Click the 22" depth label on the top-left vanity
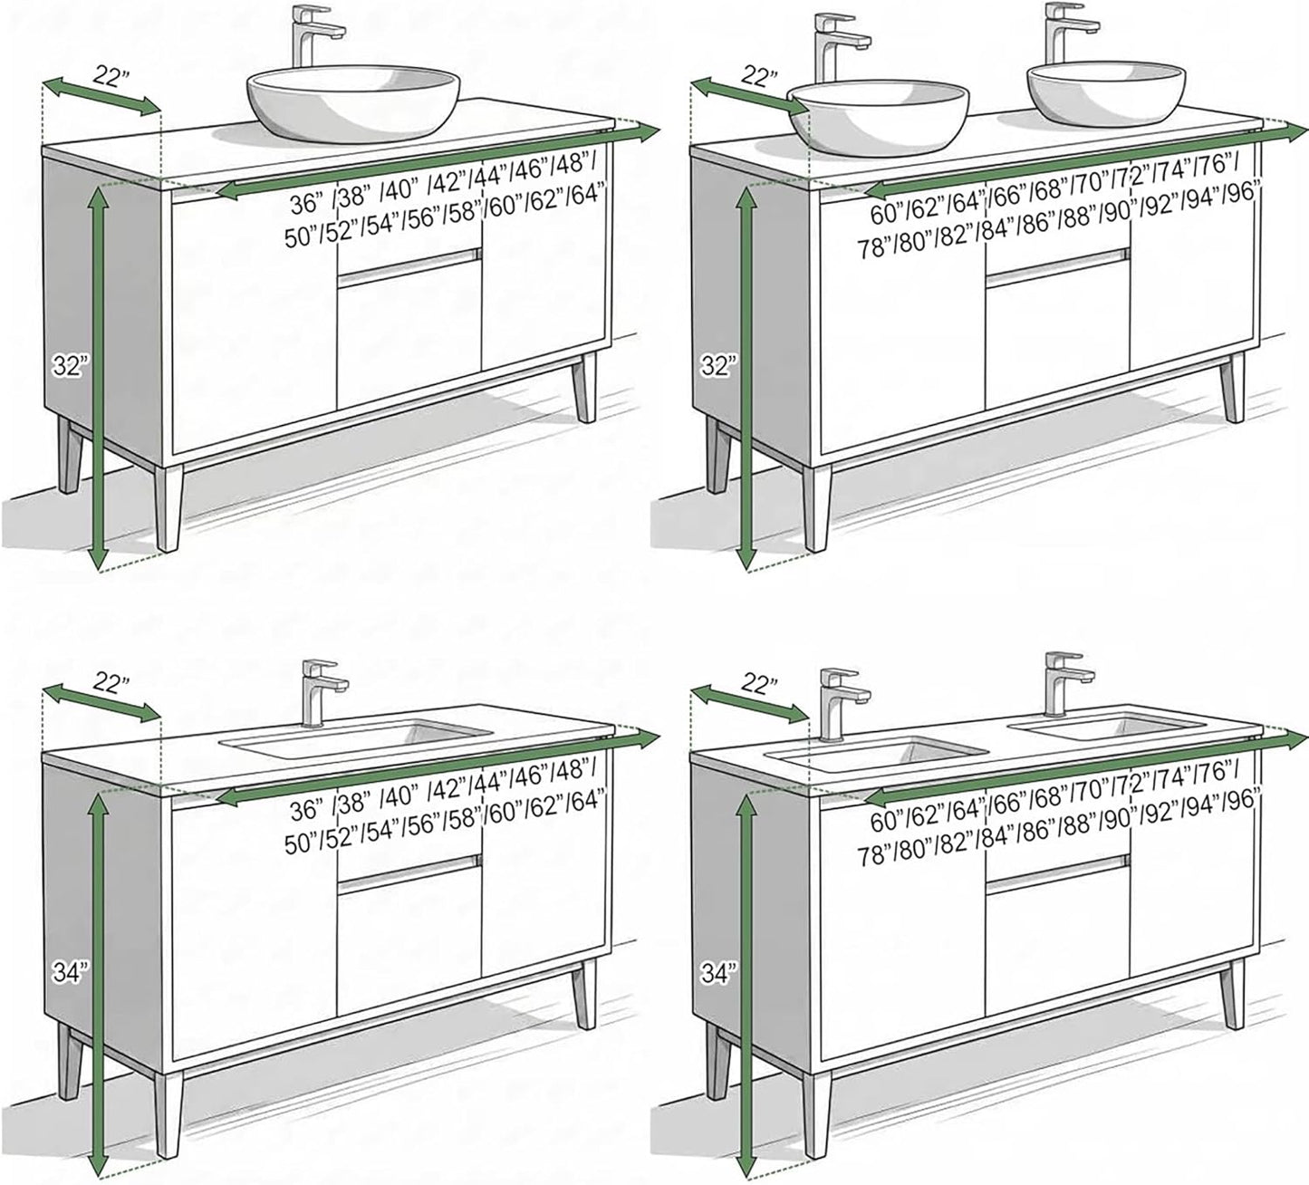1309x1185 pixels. click(111, 76)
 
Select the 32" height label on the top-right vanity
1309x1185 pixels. click(717, 366)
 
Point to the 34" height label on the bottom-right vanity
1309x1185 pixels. click(717, 972)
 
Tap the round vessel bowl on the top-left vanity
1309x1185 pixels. click(352, 103)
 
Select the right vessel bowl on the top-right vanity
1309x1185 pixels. click(1106, 92)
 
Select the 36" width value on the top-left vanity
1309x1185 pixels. click(307, 204)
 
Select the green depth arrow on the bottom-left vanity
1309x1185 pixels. click(101, 702)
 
